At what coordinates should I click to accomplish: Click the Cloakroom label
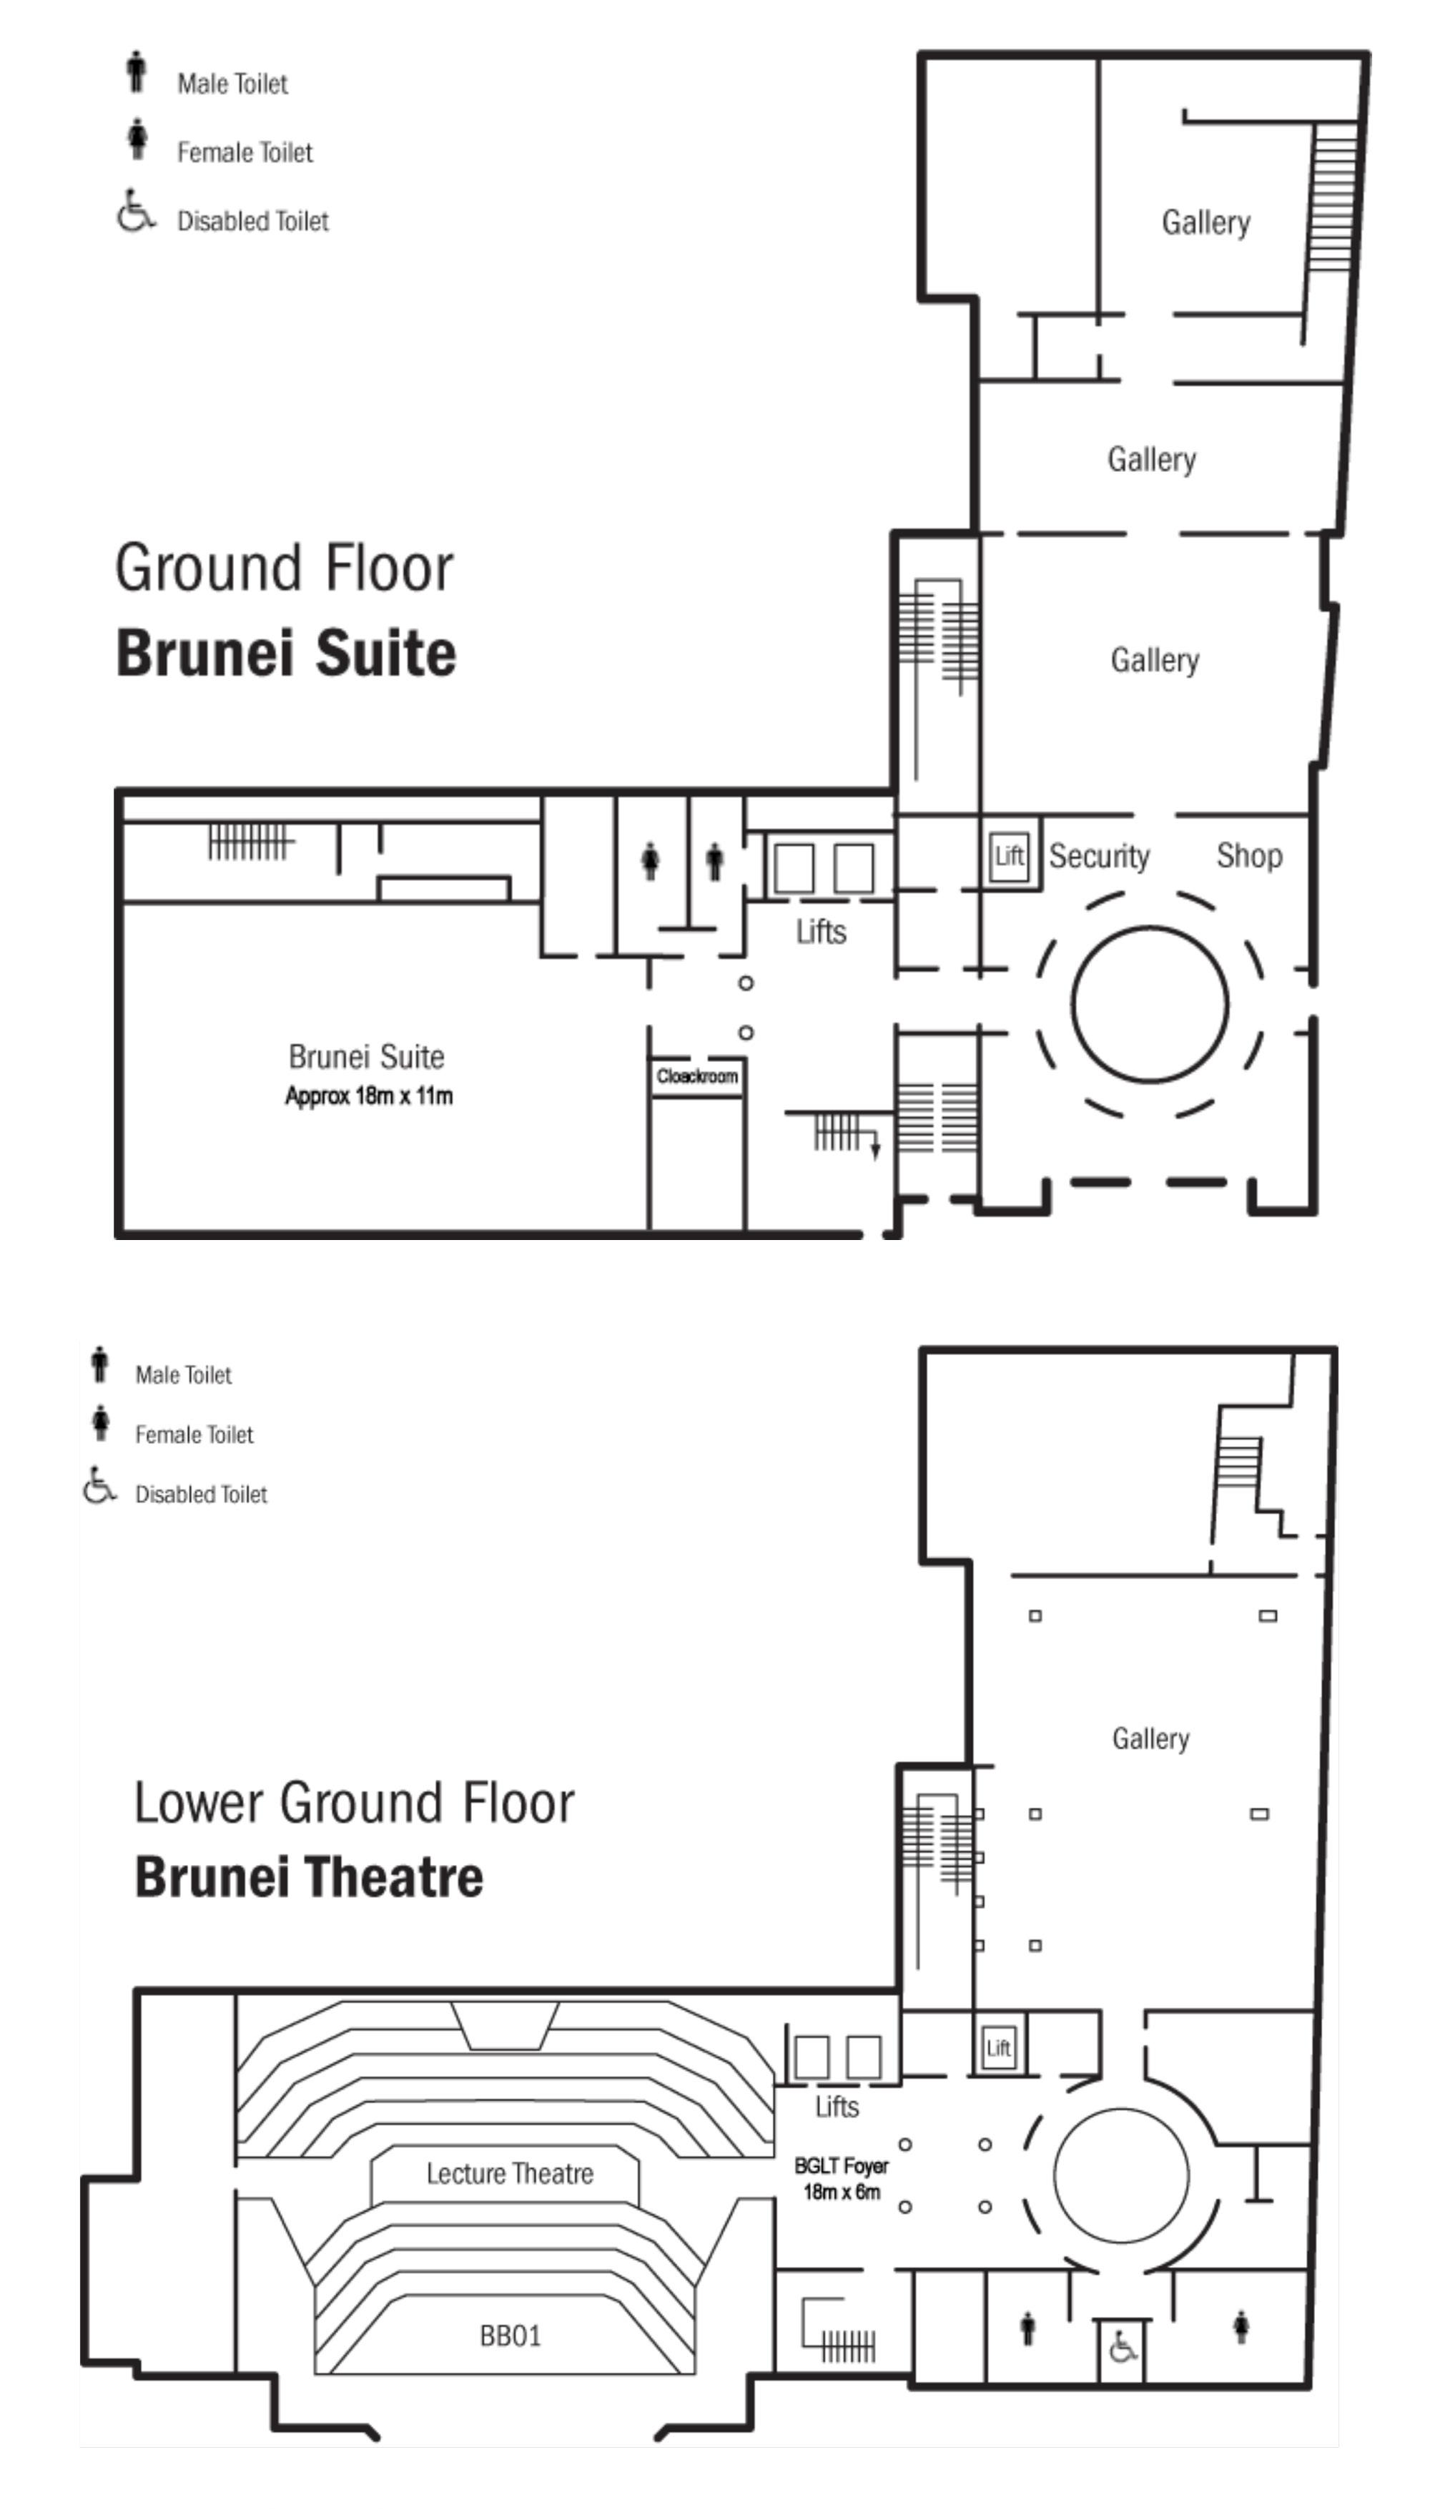tap(696, 1076)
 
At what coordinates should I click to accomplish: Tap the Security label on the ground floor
tap(1098, 857)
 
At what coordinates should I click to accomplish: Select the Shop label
tap(1248, 855)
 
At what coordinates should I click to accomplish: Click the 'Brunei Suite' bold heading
tap(286, 653)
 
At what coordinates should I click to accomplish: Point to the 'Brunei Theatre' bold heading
tap(308, 1876)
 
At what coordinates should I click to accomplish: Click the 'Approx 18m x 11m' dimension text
tap(368, 1096)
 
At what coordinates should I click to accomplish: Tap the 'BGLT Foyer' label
tap(841, 2165)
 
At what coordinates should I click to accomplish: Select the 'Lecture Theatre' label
tap(509, 2174)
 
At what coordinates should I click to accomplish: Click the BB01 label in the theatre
tap(510, 2336)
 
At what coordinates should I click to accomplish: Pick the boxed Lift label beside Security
tap(1009, 855)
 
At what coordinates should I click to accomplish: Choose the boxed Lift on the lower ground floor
tap(998, 2047)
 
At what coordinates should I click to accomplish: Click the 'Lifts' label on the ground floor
tap(820, 931)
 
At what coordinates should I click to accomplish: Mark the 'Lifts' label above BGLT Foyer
tap(837, 2107)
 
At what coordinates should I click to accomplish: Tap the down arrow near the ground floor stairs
tap(875, 1149)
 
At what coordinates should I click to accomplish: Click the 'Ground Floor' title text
tap(284, 569)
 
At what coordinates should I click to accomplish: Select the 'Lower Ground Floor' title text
tap(354, 1803)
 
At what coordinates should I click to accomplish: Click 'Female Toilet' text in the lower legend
tap(194, 1434)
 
